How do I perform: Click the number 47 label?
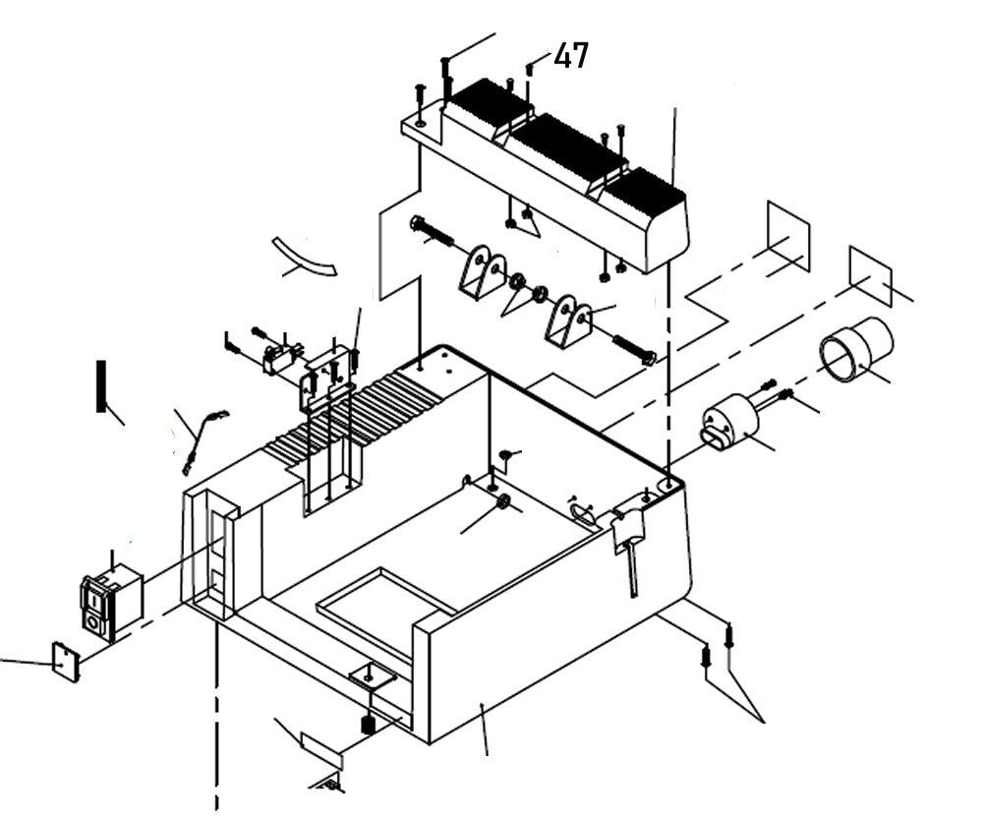pos(571,56)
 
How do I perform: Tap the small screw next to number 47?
pos(531,68)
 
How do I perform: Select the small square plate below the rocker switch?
pos(65,661)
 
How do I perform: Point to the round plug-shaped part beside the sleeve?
pos(729,423)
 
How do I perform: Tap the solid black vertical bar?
pos(100,386)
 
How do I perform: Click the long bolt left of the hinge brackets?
pos(433,234)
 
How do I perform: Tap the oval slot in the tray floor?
pos(581,508)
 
